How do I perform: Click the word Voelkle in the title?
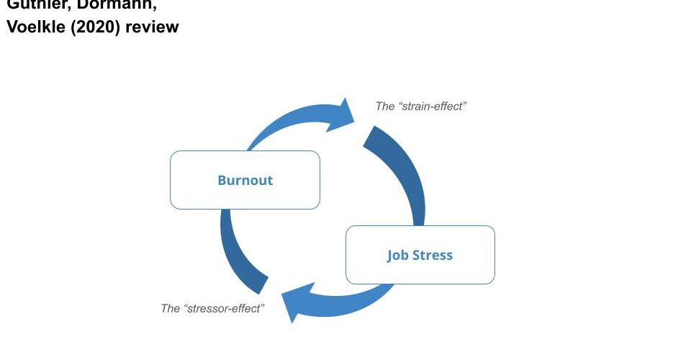point(35,27)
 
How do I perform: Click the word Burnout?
point(245,180)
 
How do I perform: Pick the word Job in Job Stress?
point(398,255)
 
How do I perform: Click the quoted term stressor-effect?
point(225,308)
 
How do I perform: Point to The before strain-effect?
point(385,107)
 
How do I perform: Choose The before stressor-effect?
point(171,308)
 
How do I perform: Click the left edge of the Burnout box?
point(171,180)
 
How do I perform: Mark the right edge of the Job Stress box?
point(494,255)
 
